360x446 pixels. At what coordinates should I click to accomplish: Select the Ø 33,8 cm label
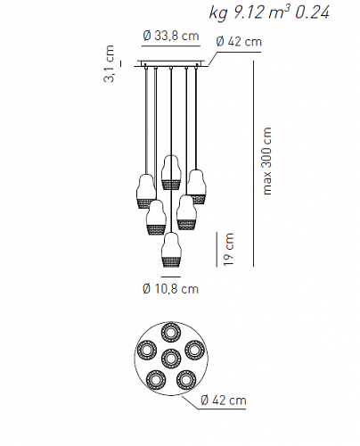point(170,36)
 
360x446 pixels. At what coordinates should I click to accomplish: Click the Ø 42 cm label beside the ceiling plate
point(239,42)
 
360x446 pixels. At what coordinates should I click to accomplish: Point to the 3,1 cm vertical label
point(109,63)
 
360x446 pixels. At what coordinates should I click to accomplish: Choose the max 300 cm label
point(267,161)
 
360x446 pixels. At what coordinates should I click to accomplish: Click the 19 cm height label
point(229,249)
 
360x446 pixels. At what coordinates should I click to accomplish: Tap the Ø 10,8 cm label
point(170,289)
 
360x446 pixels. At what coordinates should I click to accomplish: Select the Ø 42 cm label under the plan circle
point(223,400)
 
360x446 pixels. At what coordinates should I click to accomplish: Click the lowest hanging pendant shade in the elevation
point(171,250)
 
